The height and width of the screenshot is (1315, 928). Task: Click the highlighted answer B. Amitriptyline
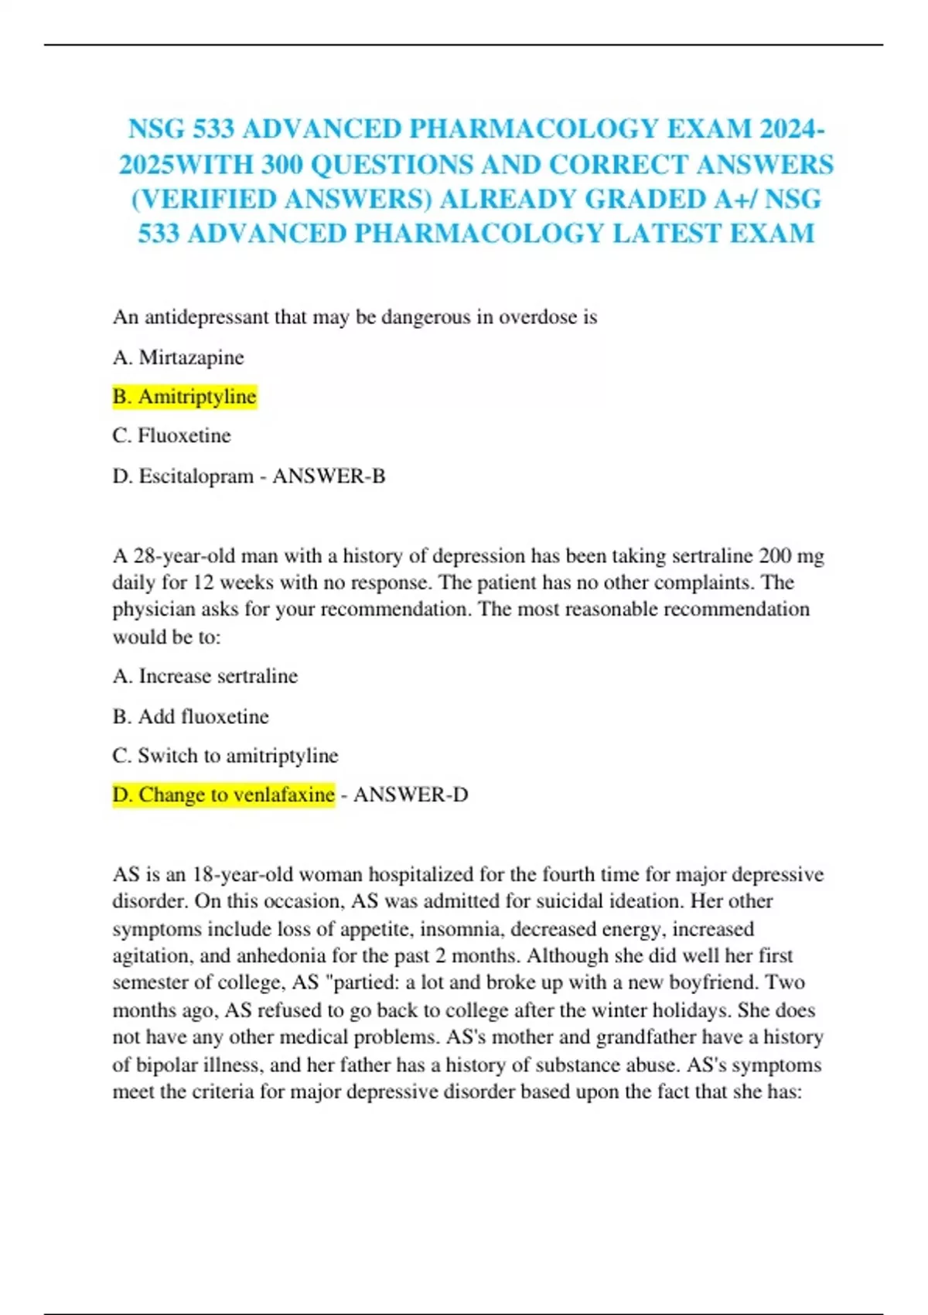point(184,397)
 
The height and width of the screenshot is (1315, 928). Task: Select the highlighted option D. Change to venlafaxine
point(223,794)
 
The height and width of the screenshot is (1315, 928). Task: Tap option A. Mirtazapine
point(178,357)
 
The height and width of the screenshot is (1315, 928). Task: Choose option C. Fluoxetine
point(172,435)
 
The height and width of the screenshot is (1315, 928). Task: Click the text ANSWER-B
point(329,476)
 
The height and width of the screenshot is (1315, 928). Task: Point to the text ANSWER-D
point(411,794)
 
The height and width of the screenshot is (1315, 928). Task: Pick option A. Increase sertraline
point(205,676)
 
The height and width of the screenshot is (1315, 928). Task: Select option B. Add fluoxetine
point(190,716)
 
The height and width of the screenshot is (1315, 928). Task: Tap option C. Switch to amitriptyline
point(225,756)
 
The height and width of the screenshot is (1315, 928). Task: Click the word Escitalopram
point(196,476)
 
